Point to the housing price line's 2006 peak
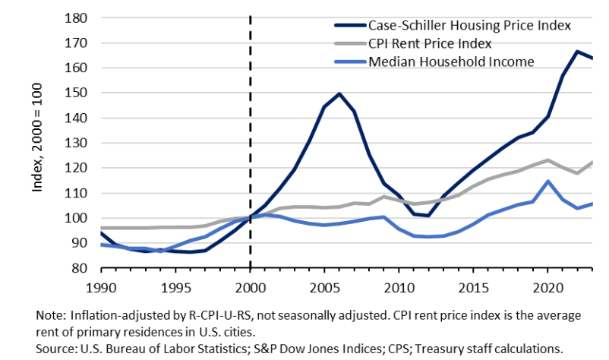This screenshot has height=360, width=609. (339, 94)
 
